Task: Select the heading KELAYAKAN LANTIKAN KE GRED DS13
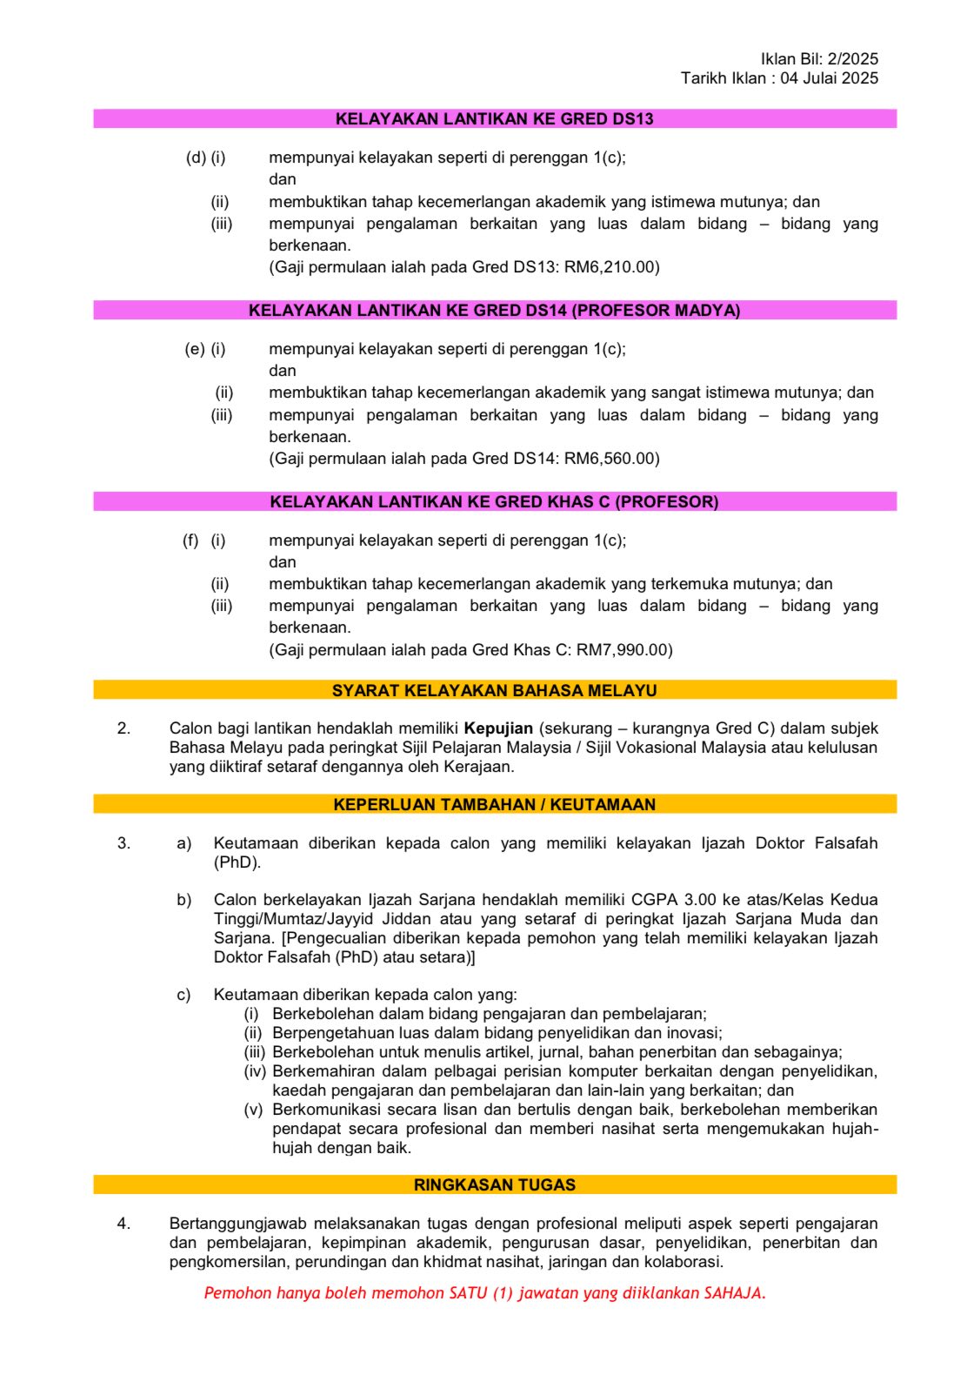click(494, 119)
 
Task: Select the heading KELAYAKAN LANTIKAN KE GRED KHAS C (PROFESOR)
click(494, 502)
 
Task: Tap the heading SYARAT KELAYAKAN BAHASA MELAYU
click(494, 691)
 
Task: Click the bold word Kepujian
click(498, 728)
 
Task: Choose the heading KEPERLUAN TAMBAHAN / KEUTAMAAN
click(494, 805)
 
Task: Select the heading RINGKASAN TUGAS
click(494, 1185)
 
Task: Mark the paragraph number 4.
click(123, 1224)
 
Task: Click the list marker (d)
click(196, 158)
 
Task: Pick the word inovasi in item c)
click(692, 1033)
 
